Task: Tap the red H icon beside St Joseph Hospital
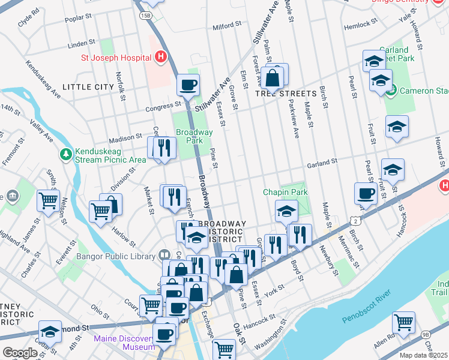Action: click(x=160, y=58)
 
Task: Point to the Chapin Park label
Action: click(x=285, y=192)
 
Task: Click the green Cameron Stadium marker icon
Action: click(x=391, y=91)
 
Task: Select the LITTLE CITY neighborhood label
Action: click(x=88, y=87)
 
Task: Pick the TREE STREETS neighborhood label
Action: click(x=286, y=94)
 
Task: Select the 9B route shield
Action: click(x=426, y=334)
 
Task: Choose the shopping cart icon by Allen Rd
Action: click(x=403, y=323)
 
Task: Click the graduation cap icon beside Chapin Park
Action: click(x=287, y=211)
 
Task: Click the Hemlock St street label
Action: click(x=360, y=27)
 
